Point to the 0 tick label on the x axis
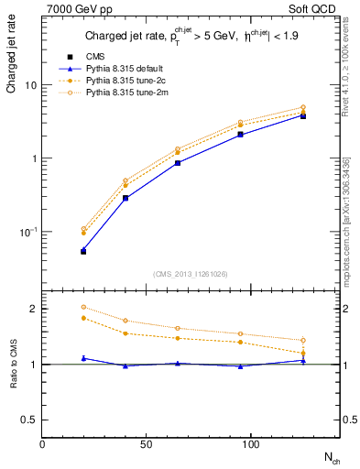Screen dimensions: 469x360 [42, 442]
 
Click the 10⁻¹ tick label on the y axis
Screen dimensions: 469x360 [27, 231]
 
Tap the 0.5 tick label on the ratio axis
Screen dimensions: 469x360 [28, 420]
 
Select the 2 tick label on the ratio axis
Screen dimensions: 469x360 [32, 309]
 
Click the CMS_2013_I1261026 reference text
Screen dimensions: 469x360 [191, 273]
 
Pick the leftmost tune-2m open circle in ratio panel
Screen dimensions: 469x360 [83, 307]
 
